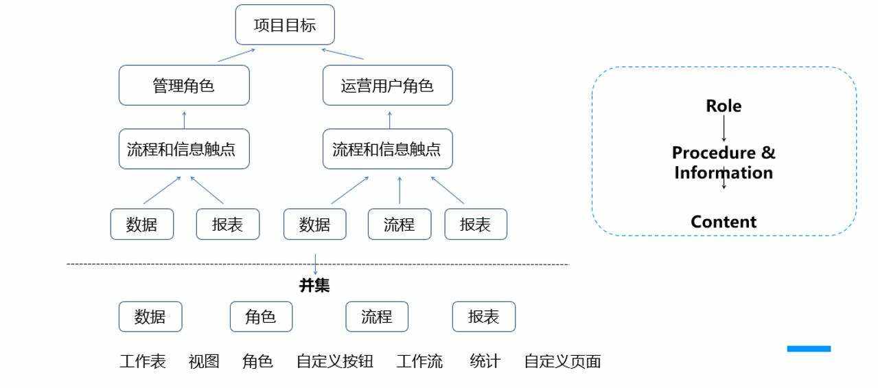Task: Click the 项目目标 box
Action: click(285, 25)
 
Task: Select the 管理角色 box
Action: click(184, 86)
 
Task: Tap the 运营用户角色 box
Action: click(387, 86)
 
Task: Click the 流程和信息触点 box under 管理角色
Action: click(184, 149)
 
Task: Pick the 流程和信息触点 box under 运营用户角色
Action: click(387, 149)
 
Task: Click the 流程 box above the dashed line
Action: click(399, 225)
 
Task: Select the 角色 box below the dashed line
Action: click(261, 317)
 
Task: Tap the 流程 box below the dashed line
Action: click(377, 317)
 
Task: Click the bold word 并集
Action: click(314, 286)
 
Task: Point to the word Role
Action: click(724, 106)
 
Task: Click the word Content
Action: click(724, 222)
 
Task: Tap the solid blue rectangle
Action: click(809, 349)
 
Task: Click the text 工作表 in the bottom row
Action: click(143, 361)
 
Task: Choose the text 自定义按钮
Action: click(335, 361)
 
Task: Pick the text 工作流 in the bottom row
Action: click(419, 361)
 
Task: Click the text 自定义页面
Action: click(562, 361)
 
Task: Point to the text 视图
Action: click(204, 361)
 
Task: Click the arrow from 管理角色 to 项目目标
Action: click(236, 55)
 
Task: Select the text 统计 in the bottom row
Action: click(485, 361)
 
